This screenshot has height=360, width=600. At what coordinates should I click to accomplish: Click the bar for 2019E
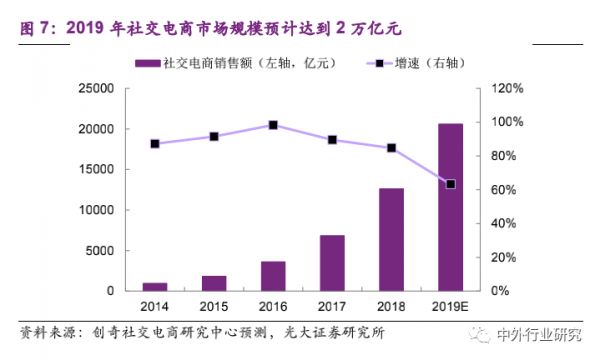pyautogui.click(x=450, y=207)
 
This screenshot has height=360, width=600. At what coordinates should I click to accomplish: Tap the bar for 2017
pyautogui.click(x=332, y=263)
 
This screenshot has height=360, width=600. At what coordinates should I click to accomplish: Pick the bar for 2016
pyautogui.click(x=273, y=276)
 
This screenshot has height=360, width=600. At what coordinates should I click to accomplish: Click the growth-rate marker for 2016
pyautogui.click(x=273, y=125)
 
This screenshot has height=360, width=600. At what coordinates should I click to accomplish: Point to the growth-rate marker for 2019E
pyautogui.click(x=450, y=184)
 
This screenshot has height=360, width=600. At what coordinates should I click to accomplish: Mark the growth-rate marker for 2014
pyautogui.click(x=154, y=144)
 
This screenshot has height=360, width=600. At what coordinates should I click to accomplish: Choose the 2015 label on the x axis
pyautogui.click(x=213, y=304)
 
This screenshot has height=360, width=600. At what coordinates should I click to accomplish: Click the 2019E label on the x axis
pyautogui.click(x=450, y=304)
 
